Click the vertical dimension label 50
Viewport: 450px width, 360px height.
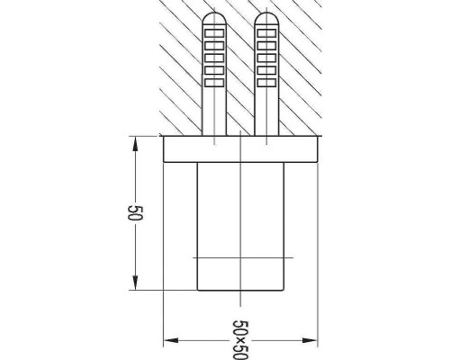(x=135, y=213)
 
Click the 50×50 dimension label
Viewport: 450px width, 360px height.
(x=240, y=340)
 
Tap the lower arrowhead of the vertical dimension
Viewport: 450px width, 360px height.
(x=135, y=283)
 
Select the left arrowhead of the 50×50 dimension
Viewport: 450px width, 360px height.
(x=171, y=340)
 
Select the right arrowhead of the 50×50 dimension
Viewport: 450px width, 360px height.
(x=310, y=340)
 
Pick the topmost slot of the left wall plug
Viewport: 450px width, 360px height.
(x=214, y=33)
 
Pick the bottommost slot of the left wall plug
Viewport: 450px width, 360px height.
(x=214, y=83)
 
